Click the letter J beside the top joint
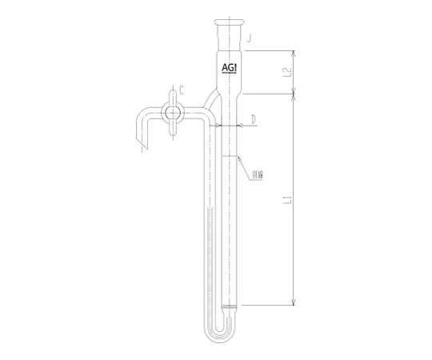tap(250, 38)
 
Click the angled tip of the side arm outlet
tap(142, 148)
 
